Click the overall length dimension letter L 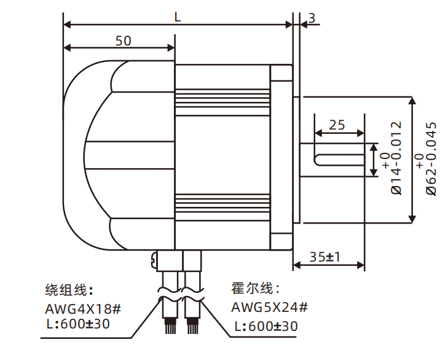(x=178, y=17)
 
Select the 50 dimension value (x=123, y=41)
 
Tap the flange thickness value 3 (x=312, y=18)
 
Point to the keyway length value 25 (x=337, y=125)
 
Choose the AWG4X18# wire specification (x=84, y=308)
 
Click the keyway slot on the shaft (x=338, y=160)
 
